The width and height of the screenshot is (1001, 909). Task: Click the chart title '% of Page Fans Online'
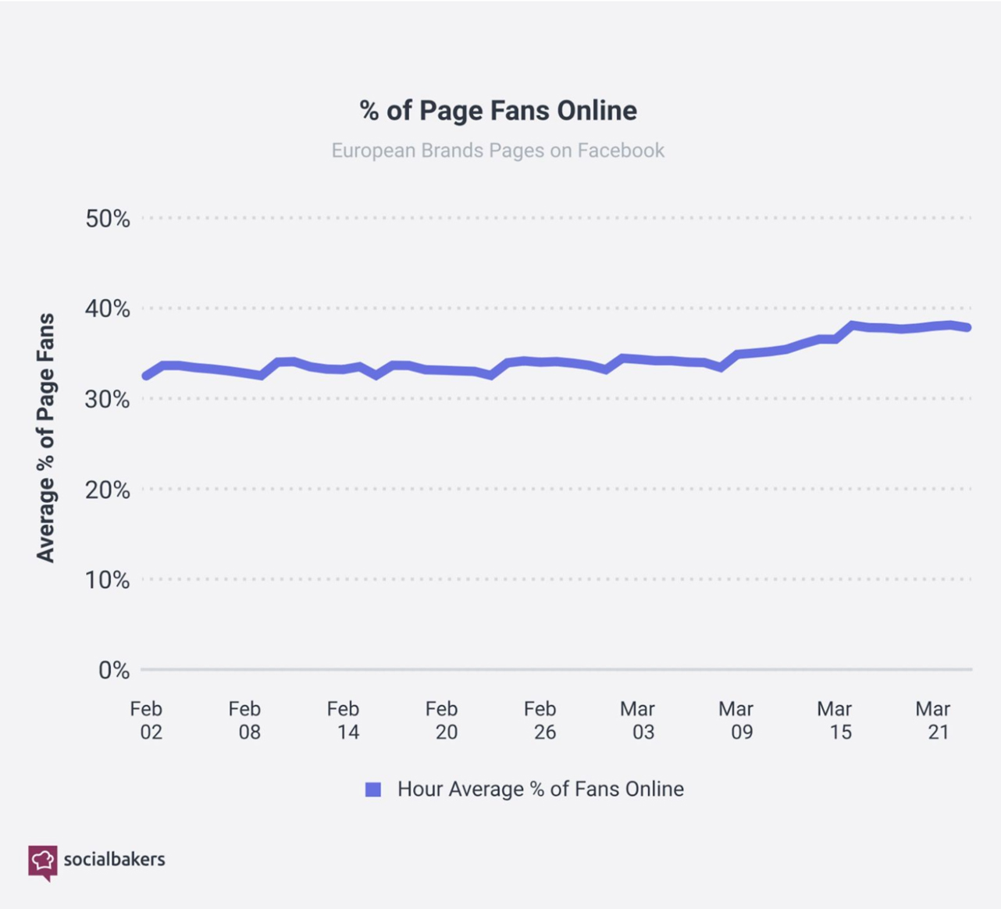click(498, 110)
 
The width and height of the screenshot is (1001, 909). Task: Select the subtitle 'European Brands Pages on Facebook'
click(498, 150)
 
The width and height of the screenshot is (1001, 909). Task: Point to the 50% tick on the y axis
click(108, 219)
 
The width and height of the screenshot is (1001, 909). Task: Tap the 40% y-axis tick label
click(108, 308)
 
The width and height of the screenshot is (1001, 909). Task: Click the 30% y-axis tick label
click(108, 399)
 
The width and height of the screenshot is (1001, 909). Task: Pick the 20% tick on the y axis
click(108, 490)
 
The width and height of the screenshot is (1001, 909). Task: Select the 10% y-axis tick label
click(108, 579)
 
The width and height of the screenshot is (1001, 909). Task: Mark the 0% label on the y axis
click(114, 670)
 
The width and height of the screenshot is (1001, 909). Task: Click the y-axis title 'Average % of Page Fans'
click(46, 437)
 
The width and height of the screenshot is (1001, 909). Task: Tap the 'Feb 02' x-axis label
click(147, 720)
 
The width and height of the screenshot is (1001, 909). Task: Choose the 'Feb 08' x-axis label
click(245, 720)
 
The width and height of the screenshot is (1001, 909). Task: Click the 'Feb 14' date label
click(344, 720)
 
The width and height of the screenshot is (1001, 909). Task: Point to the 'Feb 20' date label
click(442, 720)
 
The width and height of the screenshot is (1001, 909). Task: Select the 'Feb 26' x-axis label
click(540, 720)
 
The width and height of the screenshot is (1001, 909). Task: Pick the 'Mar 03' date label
click(639, 720)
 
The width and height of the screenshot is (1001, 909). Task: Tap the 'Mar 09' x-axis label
click(737, 720)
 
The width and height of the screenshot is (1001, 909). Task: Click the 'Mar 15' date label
click(835, 720)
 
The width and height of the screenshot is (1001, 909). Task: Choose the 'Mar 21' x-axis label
click(934, 720)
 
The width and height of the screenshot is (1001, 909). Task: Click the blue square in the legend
click(373, 790)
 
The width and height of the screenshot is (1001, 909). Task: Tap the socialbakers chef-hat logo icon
click(43, 861)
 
